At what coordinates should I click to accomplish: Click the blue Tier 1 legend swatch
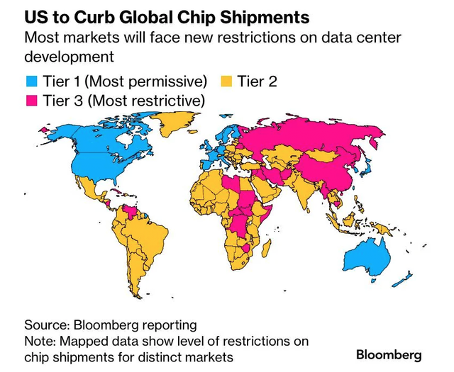click(31, 81)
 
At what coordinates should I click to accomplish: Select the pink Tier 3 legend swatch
click(31, 101)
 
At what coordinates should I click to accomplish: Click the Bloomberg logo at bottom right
click(389, 354)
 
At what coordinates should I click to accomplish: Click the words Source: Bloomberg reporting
click(110, 325)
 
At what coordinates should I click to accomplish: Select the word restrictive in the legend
click(163, 101)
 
